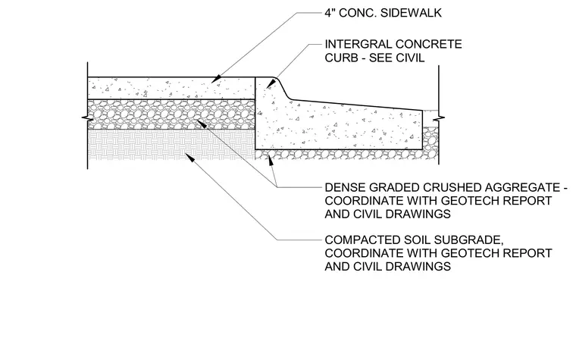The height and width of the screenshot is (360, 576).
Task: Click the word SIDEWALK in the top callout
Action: coord(411,13)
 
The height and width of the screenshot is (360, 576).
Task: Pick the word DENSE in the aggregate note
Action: coord(345,188)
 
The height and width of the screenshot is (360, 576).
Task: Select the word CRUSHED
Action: coord(452,188)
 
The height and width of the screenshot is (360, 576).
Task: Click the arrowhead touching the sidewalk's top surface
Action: coord(217,79)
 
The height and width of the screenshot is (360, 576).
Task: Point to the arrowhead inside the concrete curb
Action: coord(271,85)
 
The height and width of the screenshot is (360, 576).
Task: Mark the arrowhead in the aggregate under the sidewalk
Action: coord(202,124)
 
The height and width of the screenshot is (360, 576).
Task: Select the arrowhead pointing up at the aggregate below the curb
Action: coord(271,159)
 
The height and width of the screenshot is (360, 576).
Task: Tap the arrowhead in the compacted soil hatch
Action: coord(189,157)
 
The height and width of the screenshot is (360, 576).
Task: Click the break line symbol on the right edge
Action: coord(439,119)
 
